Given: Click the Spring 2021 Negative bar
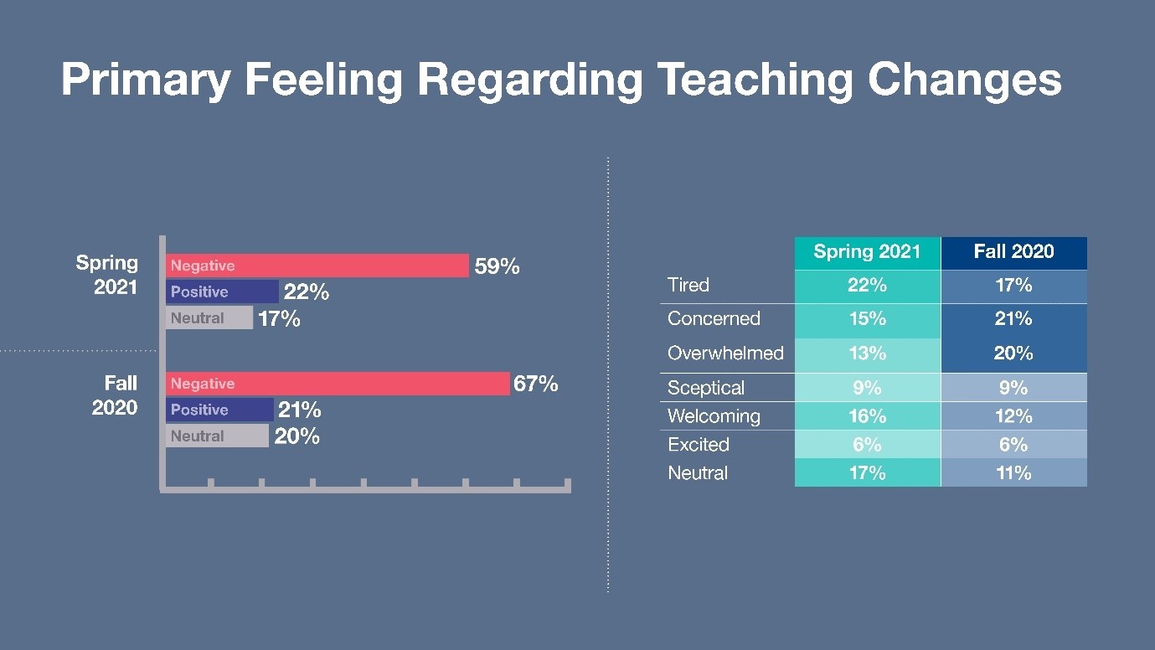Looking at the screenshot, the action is [x=317, y=266].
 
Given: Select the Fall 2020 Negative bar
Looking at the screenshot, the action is [x=338, y=384].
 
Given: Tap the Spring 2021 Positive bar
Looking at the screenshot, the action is [x=222, y=291].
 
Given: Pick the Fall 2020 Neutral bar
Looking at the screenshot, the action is [x=217, y=436].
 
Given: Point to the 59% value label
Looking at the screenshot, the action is [x=497, y=266].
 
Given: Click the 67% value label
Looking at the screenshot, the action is [x=536, y=384].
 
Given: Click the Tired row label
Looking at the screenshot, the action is [x=688, y=285].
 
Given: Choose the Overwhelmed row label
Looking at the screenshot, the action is [x=725, y=353].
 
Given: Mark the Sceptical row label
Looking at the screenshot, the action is [x=706, y=388].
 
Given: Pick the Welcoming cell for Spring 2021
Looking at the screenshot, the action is [x=867, y=416].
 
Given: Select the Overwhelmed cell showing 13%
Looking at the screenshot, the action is [x=867, y=354].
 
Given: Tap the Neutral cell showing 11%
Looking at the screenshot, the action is [x=1013, y=472].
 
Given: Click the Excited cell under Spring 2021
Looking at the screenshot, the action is [x=867, y=444].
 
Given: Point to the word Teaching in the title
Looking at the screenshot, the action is [x=756, y=80].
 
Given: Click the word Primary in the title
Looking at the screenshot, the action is [x=146, y=80].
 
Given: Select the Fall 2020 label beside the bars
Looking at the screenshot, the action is [x=115, y=395].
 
